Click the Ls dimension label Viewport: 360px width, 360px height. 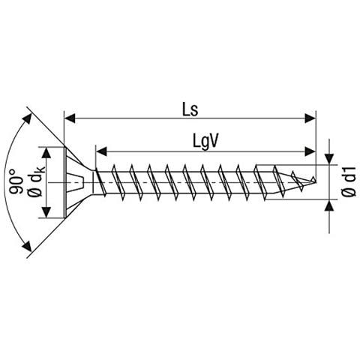pyautogui.click(x=190, y=109)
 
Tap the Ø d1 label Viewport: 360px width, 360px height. pyautogui.click(x=349, y=181)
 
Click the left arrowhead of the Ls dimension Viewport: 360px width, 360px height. pyautogui.click(x=70, y=118)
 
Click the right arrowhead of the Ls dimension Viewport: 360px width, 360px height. pyautogui.click(x=310, y=118)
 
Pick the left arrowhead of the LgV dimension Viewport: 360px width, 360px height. pyautogui.click(x=101, y=151)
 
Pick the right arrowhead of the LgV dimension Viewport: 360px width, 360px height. pyautogui.click(x=310, y=151)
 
